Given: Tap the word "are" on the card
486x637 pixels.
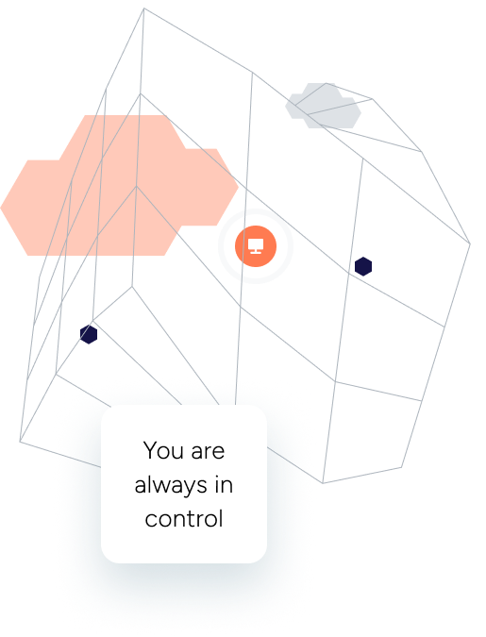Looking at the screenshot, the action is click(x=208, y=453).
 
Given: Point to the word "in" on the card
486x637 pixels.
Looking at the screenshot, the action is click(x=224, y=485).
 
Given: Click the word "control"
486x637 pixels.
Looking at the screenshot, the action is click(x=184, y=519).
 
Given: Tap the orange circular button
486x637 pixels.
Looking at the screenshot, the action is click(x=256, y=246).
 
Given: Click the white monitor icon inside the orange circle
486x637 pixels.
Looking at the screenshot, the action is click(x=256, y=246).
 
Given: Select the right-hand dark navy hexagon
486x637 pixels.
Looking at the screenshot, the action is click(x=363, y=266).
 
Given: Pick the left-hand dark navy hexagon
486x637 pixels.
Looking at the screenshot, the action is click(x=89, y=334).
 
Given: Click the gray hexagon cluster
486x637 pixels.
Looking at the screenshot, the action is click(x=323, y=106).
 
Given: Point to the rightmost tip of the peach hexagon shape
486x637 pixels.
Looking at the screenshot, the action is click(x=238, y=187).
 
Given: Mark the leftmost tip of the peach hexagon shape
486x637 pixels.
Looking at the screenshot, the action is click(x=1, y=208).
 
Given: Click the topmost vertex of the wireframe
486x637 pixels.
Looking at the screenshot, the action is click(x=143, y=8).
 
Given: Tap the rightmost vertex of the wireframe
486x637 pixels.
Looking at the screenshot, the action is click(x=470, y=243).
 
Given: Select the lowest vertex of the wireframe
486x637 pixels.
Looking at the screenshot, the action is click(x=323, y=483).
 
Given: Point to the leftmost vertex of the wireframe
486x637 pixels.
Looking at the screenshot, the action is click(x=20, y=442).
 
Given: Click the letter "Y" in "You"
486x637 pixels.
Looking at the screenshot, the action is click(x=149, y=450).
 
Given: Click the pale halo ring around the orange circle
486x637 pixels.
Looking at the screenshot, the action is click(x=256, y=210).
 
